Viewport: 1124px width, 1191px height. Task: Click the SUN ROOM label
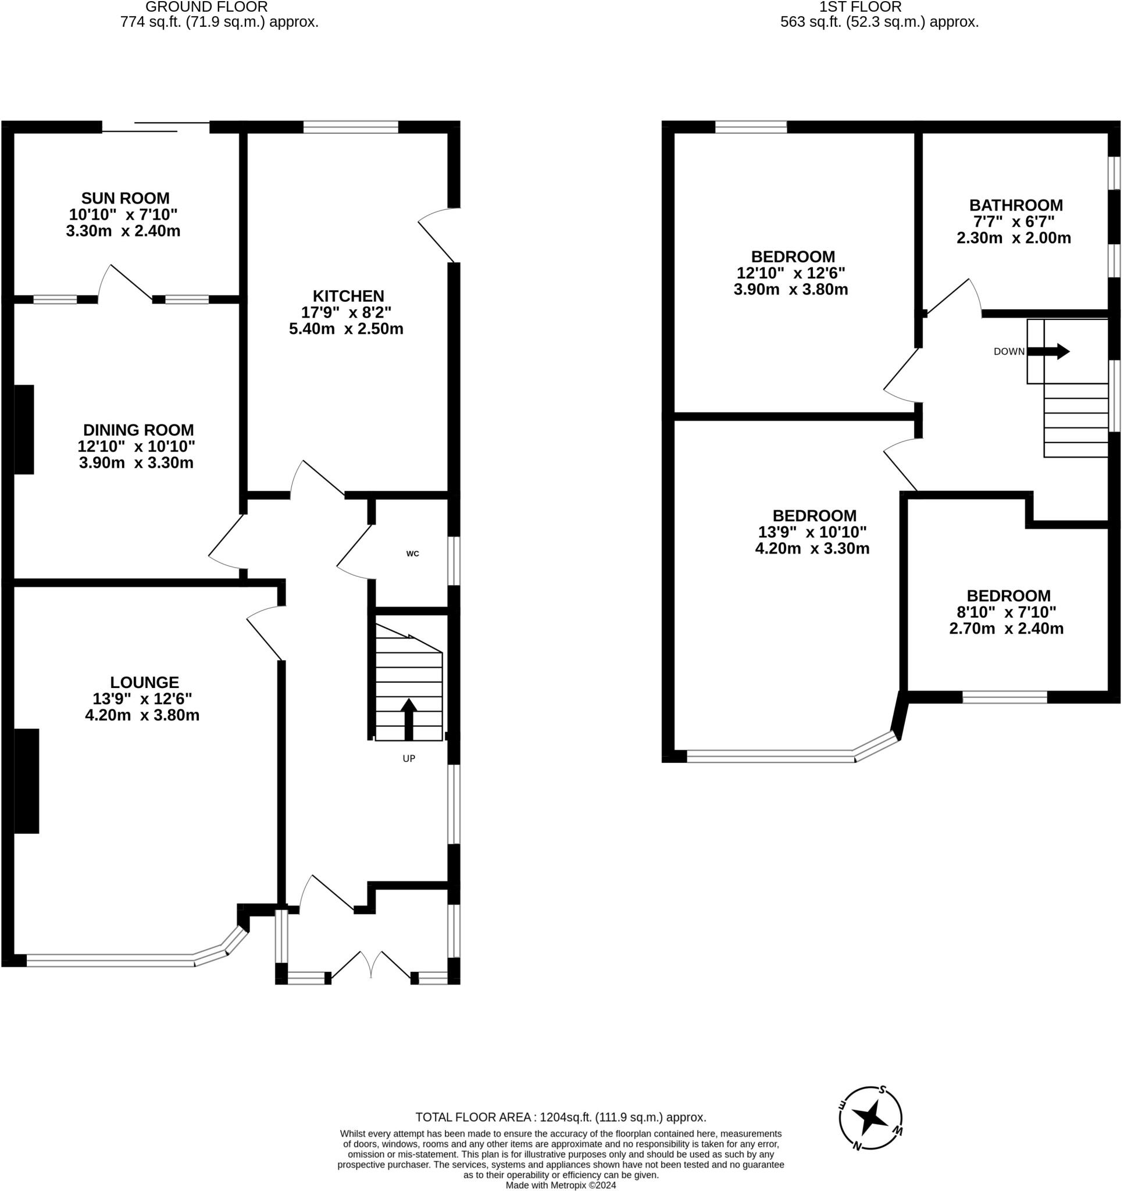pyautogui.click(x=125, y=198)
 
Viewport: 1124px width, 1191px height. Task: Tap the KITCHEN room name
pyautogui.click(x=348, y=296)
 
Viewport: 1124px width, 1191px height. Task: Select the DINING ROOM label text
pyautogui.click(x=138, y=430)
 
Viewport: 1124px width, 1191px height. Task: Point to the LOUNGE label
pyautogui.click(x=144, y=682)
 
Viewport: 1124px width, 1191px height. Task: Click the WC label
pyautogui.click(x=413, y=554)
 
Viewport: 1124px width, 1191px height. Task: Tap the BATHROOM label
pyautogui.click(x=1016, y=205)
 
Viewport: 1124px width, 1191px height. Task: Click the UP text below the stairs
pyautogui.click(x=409, y=759)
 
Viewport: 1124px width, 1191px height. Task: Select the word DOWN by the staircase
pyautogui.click(x=1009, y=352)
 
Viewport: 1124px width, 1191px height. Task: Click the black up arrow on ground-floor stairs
pyautogui.click(x=409, y=719)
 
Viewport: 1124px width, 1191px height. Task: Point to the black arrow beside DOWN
pyautogui.click(x=1048, y=351)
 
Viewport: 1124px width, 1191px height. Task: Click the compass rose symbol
pyautogui.click(x=870, y=1118)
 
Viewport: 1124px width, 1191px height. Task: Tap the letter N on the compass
pyautogui.click(x=857, y=1146)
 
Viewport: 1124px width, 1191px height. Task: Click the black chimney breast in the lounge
pyautogui.click(x=26, y=781)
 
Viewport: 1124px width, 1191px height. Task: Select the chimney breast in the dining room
pyautogui.click(x=24, y=430)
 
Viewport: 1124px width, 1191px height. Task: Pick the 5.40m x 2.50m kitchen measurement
pyautogui.click(x=346, y=329)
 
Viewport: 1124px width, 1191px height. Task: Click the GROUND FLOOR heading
pyautogui.click(x=206, y=7)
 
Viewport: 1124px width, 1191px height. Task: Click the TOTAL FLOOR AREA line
pyautogui.click(x=561, y=1117)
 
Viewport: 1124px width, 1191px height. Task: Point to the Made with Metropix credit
pyautogui.click(x=561, y=1185)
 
